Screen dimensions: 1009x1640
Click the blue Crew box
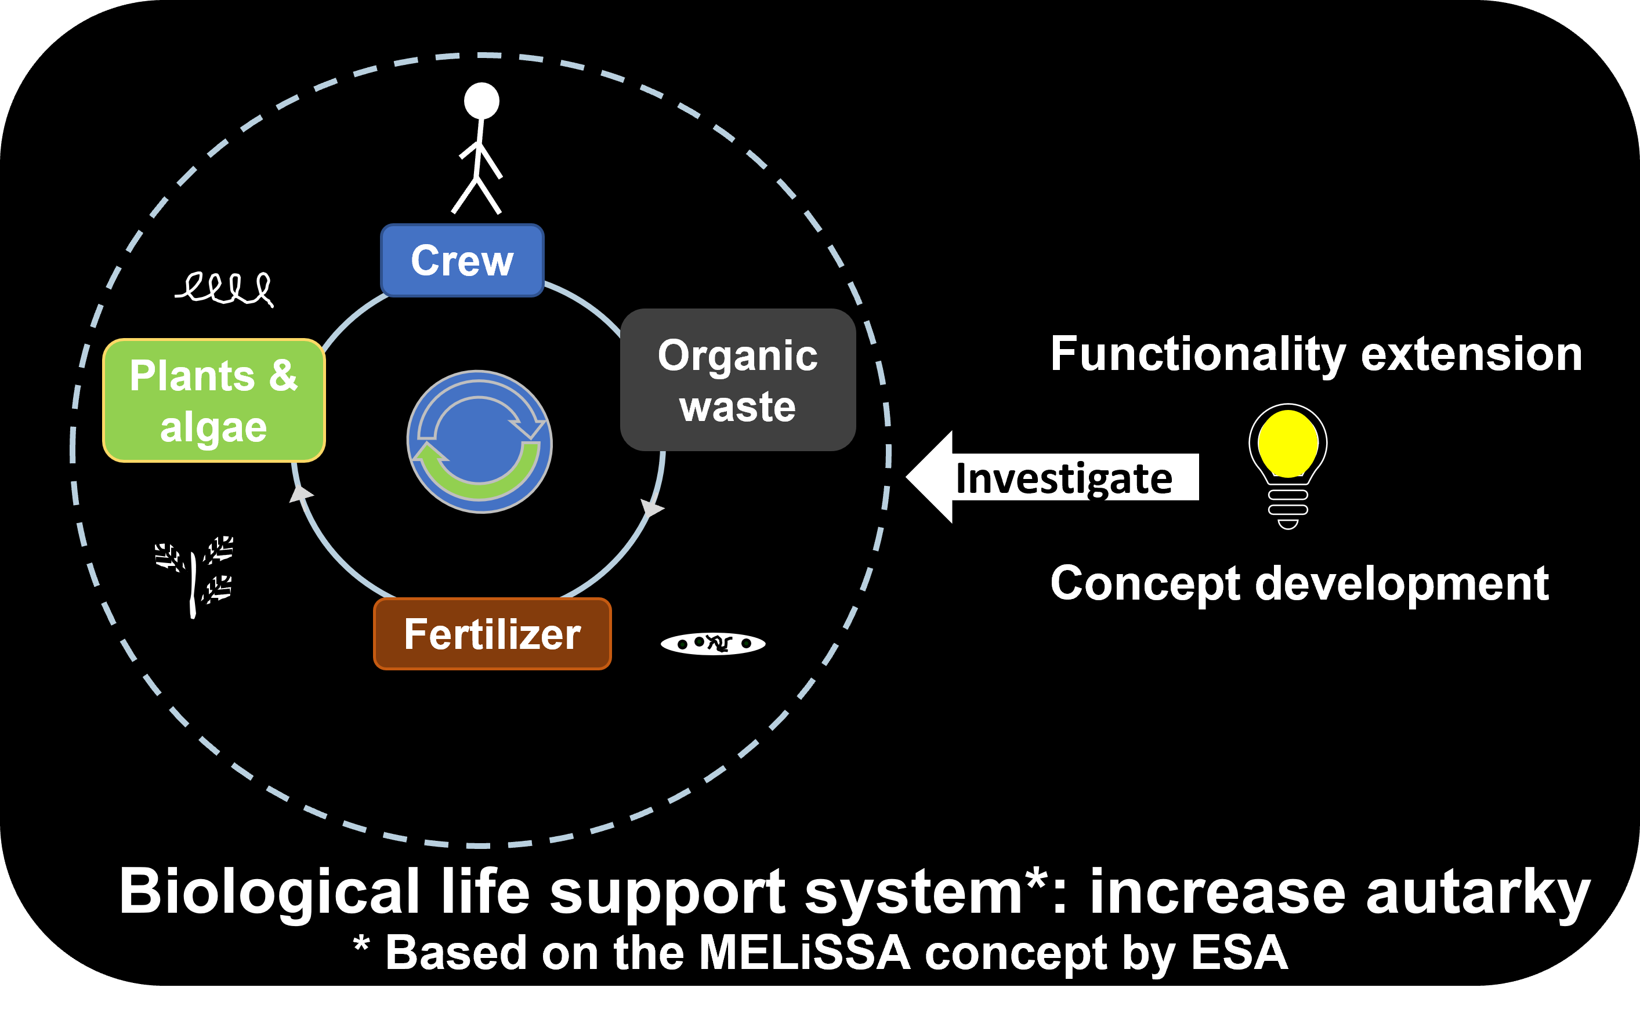(x=462, y=260)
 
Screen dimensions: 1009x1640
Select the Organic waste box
(x=737, y=380)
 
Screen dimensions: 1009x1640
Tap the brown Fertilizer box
(x=492, y=634)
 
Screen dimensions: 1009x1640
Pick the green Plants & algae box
(x=213, y=400)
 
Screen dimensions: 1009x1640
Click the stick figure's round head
(x=481, y=101)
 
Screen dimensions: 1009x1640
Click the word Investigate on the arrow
(x=1064, y=478)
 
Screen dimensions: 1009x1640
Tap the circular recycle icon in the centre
(x=479, y=442)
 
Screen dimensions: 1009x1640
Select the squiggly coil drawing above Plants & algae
(x=226, y=288)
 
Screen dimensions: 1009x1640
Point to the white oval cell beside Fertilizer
(x=713, y=643)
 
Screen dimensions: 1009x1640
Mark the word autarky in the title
(x=1478, y=893)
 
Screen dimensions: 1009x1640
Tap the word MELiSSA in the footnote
(x=803, y=953)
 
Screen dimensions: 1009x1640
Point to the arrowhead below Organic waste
(x=651, y=509)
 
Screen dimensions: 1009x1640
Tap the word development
(x=1402, y=583)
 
